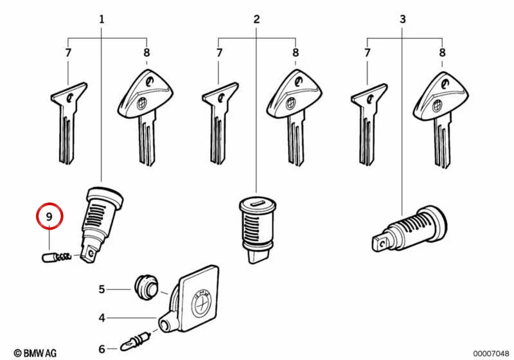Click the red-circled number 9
49,217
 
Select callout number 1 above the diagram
102,19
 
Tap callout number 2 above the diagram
256,19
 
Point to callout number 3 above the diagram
403,19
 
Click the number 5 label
102,289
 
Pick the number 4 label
102,318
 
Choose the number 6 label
102,349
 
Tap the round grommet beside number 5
146,287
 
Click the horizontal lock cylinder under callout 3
410,228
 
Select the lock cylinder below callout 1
102,223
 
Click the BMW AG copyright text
35,353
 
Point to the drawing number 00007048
491,354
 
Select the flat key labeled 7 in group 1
69,123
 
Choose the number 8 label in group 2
296,53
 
